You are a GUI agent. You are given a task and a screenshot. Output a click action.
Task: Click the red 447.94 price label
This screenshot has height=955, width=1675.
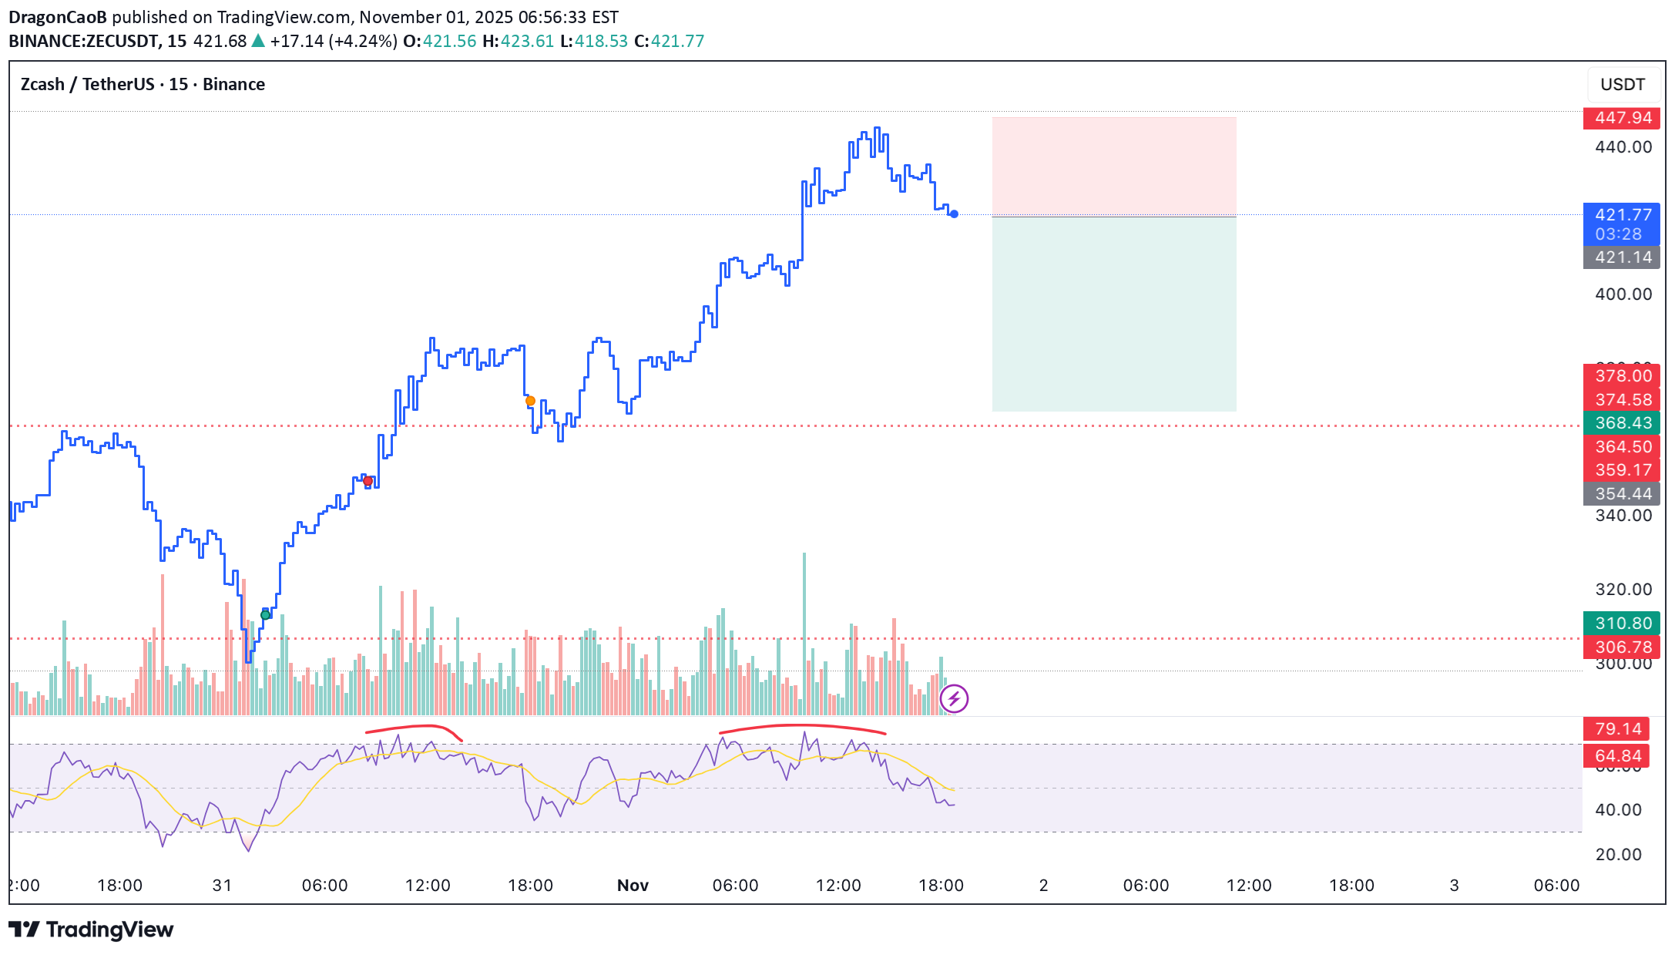(1621, 118)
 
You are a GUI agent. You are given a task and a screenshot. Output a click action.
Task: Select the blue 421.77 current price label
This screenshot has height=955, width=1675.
(1621, 215)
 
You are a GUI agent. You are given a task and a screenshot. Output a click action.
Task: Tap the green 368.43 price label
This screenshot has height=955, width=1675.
(1621, 423)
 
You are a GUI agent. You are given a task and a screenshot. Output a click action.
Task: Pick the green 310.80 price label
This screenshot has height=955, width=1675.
(1621, 624)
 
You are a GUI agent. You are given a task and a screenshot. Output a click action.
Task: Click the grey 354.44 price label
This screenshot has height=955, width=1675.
(1621, 494)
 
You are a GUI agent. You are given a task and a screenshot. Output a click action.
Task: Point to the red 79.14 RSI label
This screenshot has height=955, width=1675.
(1618, 729)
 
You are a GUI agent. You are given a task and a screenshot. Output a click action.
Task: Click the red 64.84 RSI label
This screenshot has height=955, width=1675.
(1618, 756)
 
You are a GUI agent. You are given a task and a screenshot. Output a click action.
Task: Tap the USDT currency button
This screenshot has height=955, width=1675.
(1622, 85)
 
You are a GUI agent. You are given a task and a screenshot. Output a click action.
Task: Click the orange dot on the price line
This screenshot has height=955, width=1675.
(530, 401)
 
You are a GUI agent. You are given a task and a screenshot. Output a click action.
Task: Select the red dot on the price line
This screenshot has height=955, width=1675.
(368, 482)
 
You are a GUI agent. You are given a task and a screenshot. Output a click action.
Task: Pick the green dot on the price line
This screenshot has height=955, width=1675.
(266, 614)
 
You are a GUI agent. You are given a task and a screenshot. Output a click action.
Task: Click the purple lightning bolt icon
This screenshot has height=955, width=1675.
(954, 699)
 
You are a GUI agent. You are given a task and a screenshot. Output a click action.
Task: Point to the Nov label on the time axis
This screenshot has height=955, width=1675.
(633, 886)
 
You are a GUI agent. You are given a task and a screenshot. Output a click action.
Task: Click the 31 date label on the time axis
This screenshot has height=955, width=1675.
(222, 886)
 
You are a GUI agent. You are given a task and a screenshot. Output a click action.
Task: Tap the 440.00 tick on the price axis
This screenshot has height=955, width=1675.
(1623, 147)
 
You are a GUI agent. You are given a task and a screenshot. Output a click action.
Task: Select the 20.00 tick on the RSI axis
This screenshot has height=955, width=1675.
(1618, 855)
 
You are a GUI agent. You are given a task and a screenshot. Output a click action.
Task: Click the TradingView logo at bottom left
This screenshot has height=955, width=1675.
(91, 930)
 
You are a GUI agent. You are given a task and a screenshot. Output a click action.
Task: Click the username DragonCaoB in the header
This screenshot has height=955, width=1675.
(57, 17)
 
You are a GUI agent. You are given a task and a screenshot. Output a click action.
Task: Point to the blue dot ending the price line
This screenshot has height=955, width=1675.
(954, 214)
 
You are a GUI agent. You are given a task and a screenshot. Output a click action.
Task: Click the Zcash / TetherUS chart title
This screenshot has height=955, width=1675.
(143, 85)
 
